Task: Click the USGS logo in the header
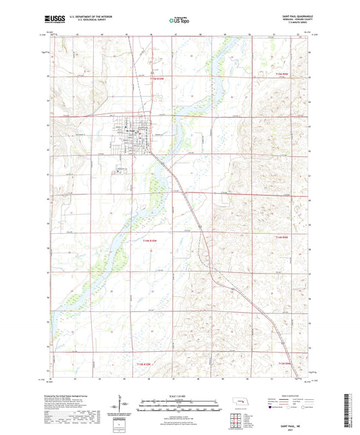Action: (x=51, y=21)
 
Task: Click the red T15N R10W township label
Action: (x=155, y=79)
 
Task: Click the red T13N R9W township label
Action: (x=284, y=364)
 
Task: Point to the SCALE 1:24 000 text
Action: (x=179, y=395)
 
